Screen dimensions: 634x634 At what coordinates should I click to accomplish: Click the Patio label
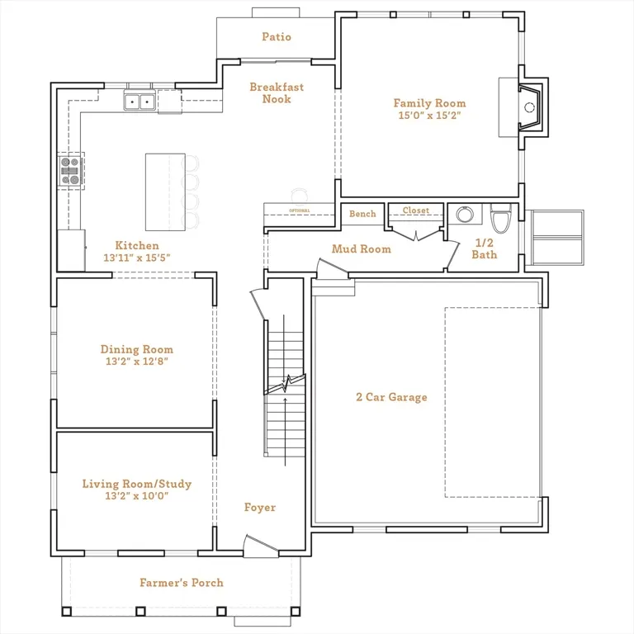[277, 37]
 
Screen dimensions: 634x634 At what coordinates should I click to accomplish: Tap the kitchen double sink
[140, 101]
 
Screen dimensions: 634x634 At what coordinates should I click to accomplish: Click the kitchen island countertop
[165, 192]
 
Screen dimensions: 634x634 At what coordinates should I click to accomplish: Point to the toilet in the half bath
[501, 219]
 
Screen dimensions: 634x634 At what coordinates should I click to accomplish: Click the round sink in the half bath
[465, 215]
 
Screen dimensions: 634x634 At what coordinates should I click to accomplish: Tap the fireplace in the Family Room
[530, 107]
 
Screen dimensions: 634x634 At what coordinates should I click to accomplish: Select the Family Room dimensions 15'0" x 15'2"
[429, 116]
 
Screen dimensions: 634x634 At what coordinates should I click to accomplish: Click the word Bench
[362, 214]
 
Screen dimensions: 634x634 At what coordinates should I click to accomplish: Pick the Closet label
[416, 211]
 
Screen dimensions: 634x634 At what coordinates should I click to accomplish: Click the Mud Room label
[362, 249]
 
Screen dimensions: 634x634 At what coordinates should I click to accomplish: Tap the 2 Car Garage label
[391, 397]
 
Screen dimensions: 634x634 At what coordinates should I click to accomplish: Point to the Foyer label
[260, 508]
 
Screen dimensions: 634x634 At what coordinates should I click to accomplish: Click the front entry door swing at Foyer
[261, 546]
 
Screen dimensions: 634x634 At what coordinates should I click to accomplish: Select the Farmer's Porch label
[182, 583]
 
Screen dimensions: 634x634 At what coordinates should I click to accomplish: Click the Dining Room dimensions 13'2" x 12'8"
[137, 361]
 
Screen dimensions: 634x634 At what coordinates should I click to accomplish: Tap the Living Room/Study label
[137, 484]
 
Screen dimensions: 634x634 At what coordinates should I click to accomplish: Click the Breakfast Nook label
[277, 93]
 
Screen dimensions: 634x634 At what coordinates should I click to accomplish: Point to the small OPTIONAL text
[300, 211]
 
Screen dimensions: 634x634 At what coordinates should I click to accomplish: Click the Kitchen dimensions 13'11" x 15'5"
[137, 258]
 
